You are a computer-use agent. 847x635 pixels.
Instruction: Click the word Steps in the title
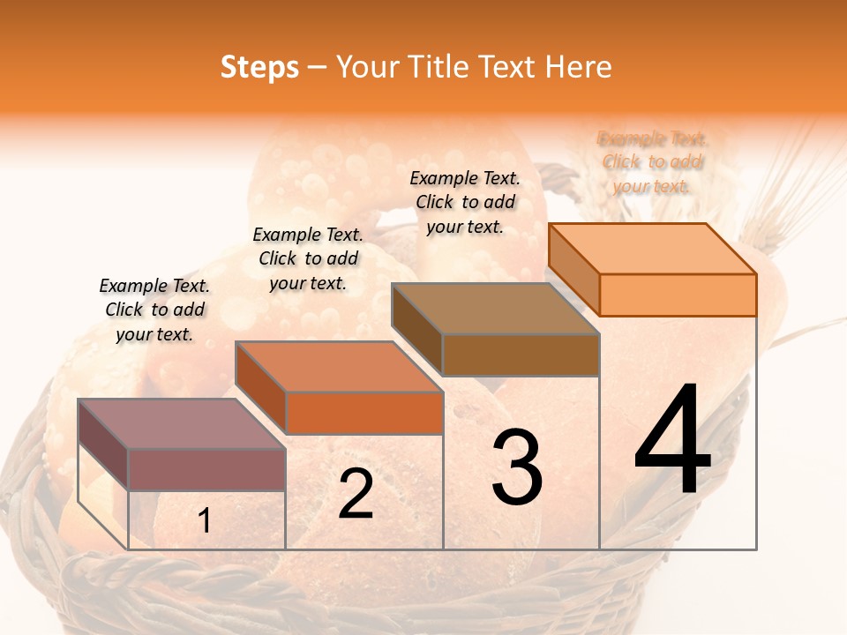click(x=259, y=67)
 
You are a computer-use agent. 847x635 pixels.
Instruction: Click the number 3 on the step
click(x=517, y=467)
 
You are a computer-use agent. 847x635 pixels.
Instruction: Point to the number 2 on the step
click(x=356, y=494)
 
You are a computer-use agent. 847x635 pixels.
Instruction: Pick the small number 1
click(x=205, y=521)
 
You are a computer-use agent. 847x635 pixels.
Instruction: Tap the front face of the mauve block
click(x=206, y=470)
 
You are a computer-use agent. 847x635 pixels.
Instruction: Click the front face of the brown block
click(x=521, y=355)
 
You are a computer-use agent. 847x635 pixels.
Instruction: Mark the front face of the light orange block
click(x=678, y=295)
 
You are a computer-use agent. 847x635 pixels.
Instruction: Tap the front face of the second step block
click(x=364, y=413)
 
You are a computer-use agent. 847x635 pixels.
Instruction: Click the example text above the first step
click(x=154, y=310)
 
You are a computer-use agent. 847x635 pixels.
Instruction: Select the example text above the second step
click(x=308, y=258)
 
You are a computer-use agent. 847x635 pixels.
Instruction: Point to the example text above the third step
click(x=465, y=202)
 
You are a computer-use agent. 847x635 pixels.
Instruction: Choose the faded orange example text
click(x=652, y=161)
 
